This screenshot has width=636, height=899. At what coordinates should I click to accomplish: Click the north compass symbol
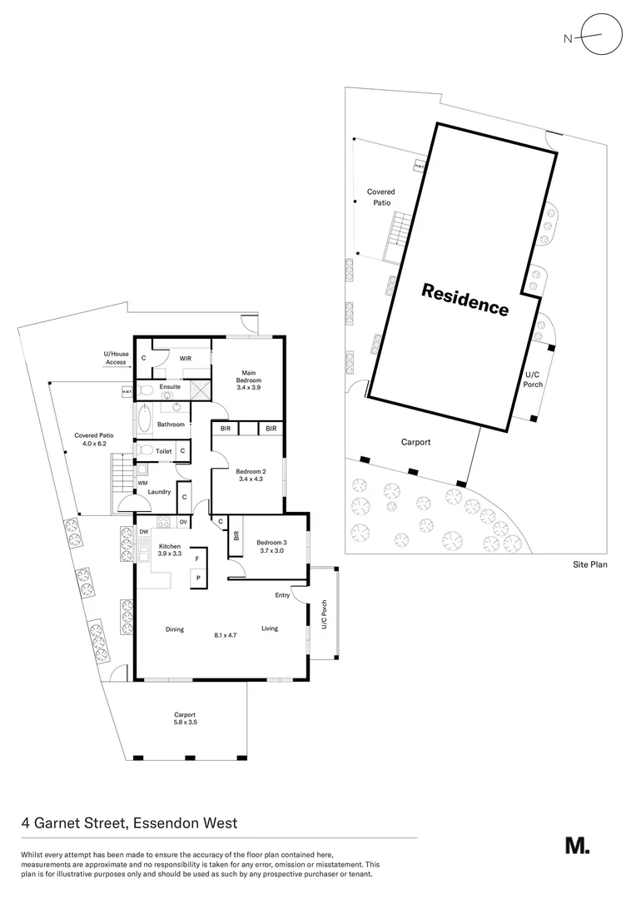(x=601, y=36)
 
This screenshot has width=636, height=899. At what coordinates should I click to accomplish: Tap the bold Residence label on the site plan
(x=465, y=299)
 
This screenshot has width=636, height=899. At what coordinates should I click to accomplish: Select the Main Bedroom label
(x=248, y=376)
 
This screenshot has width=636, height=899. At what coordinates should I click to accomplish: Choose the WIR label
(x=186, y=358)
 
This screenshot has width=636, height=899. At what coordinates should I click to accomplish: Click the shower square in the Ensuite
(x=200, y=389)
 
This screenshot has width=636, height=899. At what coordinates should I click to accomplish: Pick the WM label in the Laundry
(x=142, y=482)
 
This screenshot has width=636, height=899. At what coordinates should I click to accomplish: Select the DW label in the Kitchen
(x=143, y=531)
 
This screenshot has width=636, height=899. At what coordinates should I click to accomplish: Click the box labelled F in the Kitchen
(x=197, y=559)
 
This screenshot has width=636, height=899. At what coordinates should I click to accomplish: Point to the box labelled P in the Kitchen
(x=198, y=578)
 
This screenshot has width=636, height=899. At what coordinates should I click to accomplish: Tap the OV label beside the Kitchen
(x=182, y=522)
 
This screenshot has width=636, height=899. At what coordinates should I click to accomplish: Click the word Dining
(x=174, y=629)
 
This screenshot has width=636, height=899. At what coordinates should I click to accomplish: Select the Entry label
(x=282, y=595)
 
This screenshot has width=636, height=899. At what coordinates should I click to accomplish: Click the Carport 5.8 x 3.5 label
(x=185, y=718)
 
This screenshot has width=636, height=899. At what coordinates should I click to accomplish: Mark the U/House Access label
(x=115, y=359)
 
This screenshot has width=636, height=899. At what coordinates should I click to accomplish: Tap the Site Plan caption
(x=589, y=564)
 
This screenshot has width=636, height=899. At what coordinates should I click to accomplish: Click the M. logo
(x=577, y=846)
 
